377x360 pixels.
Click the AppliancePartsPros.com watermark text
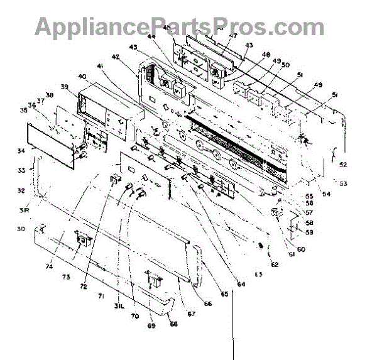point(179,26)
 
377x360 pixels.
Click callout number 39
point(65,87)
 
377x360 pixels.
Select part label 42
point(116,57)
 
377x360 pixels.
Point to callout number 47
point(215,36)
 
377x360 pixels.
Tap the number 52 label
point(344,165)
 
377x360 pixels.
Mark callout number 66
point(207,303)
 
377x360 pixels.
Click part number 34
point(21,151)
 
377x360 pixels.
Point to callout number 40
point(82,76)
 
